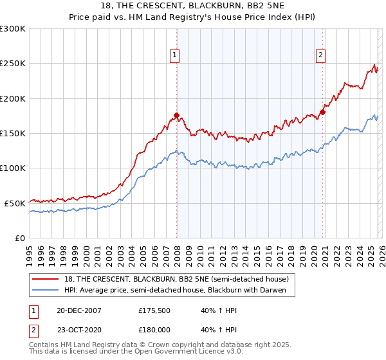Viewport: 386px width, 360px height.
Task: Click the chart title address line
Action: (192, 6)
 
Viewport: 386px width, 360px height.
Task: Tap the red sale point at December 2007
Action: (176, 116)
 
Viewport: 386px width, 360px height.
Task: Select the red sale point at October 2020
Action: (322, 112)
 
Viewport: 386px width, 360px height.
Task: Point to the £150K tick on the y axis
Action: (14, 134)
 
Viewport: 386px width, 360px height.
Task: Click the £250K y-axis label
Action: (14, 64)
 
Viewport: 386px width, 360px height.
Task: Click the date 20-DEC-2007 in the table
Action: (79, 310)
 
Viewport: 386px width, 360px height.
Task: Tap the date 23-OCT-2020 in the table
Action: (79, 329)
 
